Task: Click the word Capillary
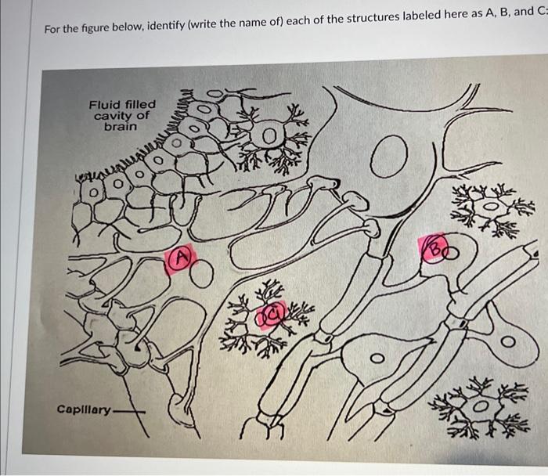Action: tap(84, 409)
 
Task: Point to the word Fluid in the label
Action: tap(105, 104)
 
